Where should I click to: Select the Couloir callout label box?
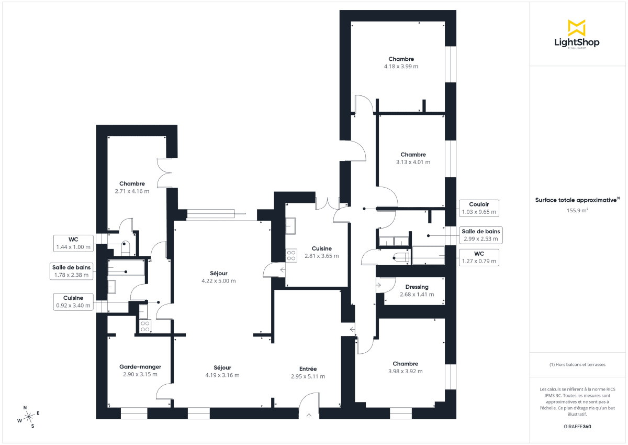tap(478, 208)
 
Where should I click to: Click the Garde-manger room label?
tap(140, 371)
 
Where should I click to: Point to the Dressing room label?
tap(417, 290)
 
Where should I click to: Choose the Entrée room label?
tap(308, 372)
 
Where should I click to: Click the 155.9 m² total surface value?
tap(577, 210)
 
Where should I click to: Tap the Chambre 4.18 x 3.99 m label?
tap(401, 63)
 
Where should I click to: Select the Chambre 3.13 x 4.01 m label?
tap(413, 158)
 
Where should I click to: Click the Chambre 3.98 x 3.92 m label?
tap(406, 367)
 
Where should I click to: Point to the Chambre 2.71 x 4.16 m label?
tap(132, 187)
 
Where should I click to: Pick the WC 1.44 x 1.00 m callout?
tap(73, 243)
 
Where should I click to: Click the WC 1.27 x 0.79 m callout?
tap(478, 257)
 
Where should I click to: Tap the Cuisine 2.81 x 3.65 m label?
tap(321, 252)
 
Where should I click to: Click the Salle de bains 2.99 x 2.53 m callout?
tap(480, 235)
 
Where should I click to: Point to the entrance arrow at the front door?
tap(309, 416)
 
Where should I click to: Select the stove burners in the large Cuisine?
tap(291, 255)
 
